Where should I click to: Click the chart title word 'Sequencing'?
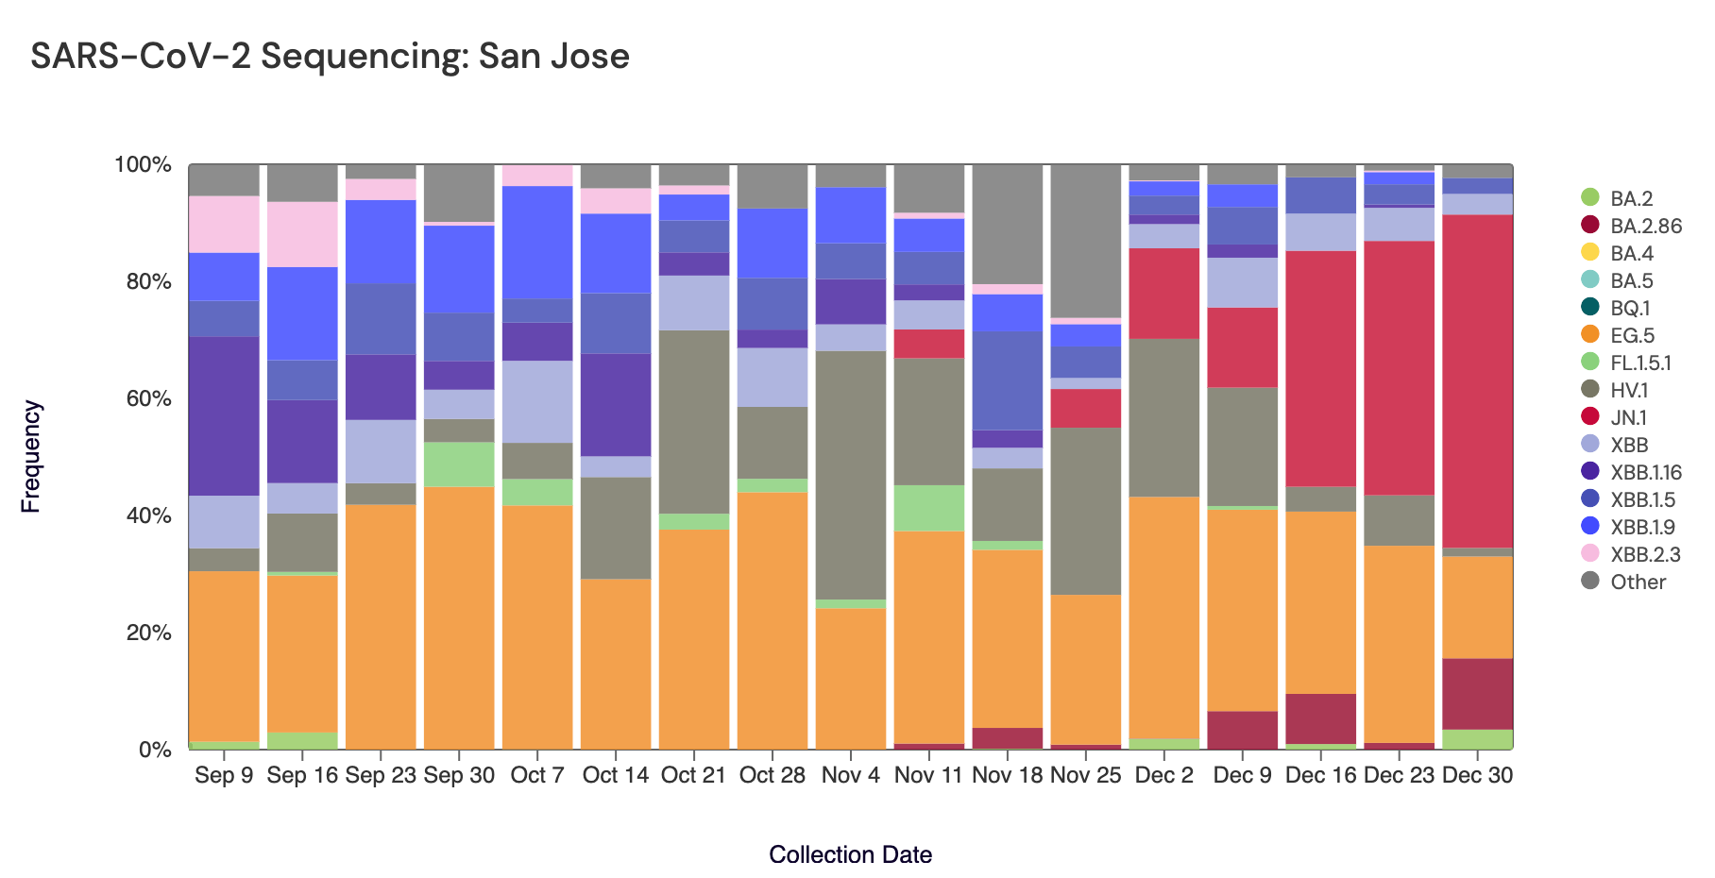coord(363,57)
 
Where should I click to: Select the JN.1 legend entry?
coord(1629,417)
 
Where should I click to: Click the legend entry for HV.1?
coord(1629,390)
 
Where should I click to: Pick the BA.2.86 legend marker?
coord(1590,226)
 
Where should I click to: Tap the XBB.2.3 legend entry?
coord(1645,554)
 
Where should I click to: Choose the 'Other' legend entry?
coord(1638,582)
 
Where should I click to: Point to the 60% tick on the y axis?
coord(143,398)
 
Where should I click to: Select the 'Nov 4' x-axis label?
coord(850,775)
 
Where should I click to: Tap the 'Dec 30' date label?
coord(1478,775)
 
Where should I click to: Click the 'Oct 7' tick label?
coord(536,775)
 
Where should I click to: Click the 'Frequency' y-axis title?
coord(31,457)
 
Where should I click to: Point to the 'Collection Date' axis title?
coord(850,854)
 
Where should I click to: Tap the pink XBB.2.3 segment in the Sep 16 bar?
coord(302,234)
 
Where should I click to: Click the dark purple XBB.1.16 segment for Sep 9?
coord(224,415)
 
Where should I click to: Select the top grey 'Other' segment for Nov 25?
coord(1086,241)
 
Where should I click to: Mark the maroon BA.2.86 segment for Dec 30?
coord(1478,694)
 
